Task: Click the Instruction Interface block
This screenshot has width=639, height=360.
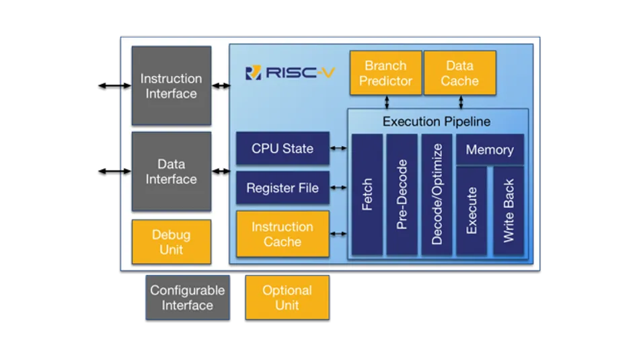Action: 171,86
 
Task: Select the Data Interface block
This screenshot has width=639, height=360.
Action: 171,172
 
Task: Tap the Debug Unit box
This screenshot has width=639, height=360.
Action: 171,242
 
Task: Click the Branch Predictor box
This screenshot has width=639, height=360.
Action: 385,73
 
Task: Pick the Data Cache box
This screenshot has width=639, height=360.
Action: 460,73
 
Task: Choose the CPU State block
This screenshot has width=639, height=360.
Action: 283,149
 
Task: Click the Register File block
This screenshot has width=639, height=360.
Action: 283,188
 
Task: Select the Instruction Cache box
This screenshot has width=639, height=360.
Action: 283,234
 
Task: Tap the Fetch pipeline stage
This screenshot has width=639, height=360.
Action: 367,194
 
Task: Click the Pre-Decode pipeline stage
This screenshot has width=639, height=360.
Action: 402,194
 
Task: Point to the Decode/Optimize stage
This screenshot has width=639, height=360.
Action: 437,194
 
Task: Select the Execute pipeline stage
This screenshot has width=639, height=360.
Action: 472,211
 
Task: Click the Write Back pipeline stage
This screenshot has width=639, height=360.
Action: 509,211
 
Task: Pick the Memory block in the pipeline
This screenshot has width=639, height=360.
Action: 490,150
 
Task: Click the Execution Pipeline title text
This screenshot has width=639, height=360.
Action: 437,122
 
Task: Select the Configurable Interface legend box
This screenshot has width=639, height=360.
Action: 187,297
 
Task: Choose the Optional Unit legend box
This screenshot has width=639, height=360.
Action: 287,297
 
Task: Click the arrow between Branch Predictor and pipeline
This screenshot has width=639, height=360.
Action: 387,102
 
